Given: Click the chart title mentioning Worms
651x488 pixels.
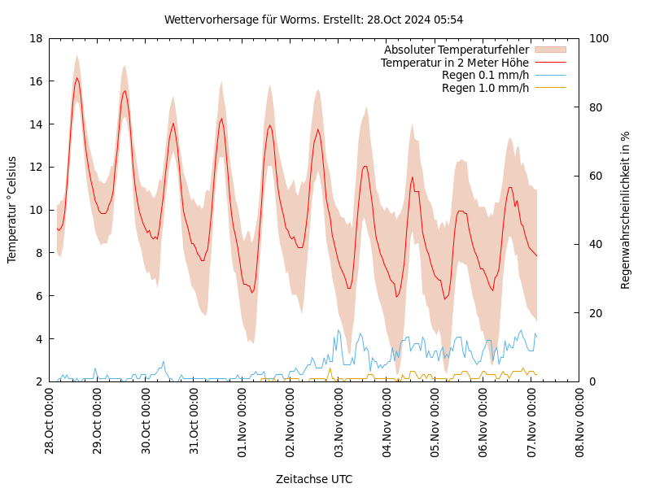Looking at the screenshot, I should (313, 20).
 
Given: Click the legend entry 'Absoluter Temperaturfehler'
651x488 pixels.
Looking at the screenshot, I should (456, 50).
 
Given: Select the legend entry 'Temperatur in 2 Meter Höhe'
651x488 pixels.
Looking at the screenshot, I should (454, 63).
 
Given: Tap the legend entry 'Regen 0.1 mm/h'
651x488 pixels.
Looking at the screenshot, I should (485, 76).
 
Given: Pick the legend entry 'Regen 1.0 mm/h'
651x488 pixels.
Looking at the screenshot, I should (485, 88).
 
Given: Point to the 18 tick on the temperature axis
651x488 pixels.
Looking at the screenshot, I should (35, 38).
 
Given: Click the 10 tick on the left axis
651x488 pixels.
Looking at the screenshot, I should (35, 210).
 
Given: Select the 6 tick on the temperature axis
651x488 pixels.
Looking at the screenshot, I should (38, 296).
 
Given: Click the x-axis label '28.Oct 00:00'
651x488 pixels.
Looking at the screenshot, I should (49, 421).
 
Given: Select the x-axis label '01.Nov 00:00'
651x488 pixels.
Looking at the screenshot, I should (242, 421).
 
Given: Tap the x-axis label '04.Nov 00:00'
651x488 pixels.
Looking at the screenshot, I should (387, 421).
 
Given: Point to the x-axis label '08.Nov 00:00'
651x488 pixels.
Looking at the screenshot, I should (579, 421).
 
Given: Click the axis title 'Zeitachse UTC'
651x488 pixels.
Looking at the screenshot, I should (313, 479).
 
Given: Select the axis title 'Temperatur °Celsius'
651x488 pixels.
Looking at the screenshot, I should (12, 210).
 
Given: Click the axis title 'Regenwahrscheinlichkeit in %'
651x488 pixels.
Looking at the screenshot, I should (626, 210).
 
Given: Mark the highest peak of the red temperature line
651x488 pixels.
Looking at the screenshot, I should (76, 78).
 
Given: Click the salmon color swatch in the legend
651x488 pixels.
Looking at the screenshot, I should (549, 50).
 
